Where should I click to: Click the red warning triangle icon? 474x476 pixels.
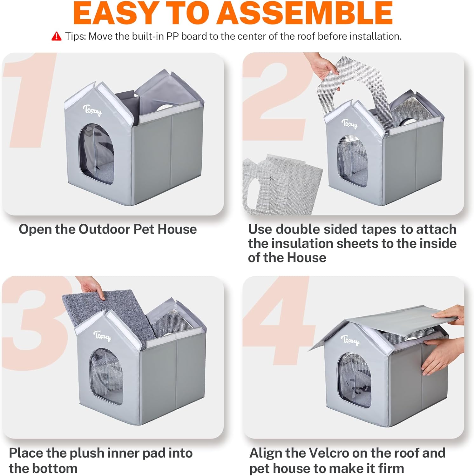[56, 36]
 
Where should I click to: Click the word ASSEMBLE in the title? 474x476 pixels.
[305, 13]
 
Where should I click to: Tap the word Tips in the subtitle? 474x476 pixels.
[75, 36]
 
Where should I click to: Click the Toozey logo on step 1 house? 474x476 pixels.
[92, 110]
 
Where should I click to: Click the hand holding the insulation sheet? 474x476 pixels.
[321, 67]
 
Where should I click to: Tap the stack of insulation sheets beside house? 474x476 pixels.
[280, 184]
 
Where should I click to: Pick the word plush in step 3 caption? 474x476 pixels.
[88, 453]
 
